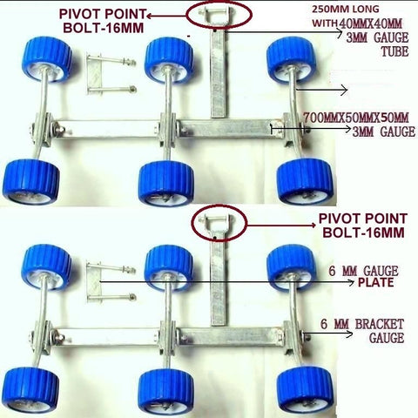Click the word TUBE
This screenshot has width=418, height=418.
pyautogui.click(x=394, y=51)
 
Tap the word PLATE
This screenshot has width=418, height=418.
pyautogui.click(x=376, y=282)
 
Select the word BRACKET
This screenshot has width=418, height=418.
pyautogui.click(x=380, y=324)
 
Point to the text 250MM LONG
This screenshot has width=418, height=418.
pyautogui.click(x=346, y=10)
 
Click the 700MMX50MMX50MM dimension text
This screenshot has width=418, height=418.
pyautogui.click(x=356, y=118)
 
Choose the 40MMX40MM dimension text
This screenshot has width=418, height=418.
pyautogui.click(x=370, y=24)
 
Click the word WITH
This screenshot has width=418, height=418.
pyautogui.click(x=325, y=24)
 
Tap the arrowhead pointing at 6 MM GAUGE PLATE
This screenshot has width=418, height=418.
pyautogui.click(x=352, y=281)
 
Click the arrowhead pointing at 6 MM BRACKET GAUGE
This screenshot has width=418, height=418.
pyautogui.click(x=350, y=334)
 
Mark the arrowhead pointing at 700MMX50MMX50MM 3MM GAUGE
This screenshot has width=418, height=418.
pyautogui.click(x=348, y=129)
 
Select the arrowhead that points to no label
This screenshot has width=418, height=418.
pyautogui.click(x=345, y=91)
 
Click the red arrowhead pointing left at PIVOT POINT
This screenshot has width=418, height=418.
pyautogui.click(x=150, y=16)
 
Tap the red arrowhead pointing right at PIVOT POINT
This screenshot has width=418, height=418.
pyautogui.click(x=313, y=226)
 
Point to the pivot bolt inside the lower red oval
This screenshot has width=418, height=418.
pyautogui.click(x=217, y=220)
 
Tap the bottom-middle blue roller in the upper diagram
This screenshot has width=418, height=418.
pyautogui.click(x=166, y=182)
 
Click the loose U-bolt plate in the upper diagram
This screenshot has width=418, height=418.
pyautogui.click(x=94, y=74)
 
